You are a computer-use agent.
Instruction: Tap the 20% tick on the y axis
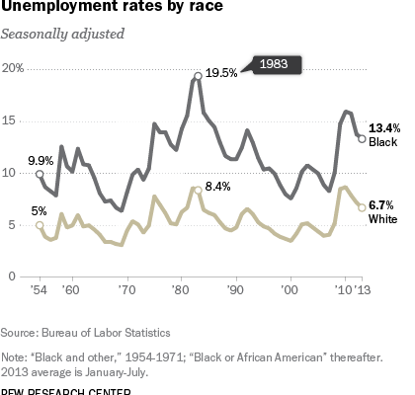click(15, 68)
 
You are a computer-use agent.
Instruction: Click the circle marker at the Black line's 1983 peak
click(198, 76)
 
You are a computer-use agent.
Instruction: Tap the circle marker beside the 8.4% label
click(198, 190)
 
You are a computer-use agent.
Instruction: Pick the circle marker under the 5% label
click(40, 225)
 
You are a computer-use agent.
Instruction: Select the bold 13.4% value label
click(383, 128)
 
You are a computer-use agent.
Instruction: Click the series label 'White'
click(382, 218)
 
